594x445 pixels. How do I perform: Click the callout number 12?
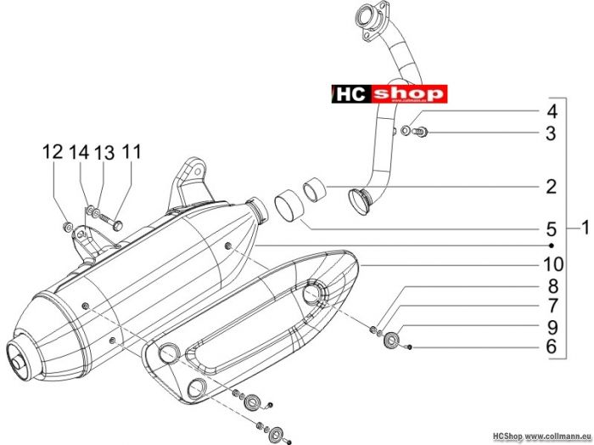point(53,152)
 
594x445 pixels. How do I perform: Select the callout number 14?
point(79,152)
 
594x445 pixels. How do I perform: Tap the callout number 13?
point(104,153)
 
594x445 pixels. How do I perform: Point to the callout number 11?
point(132,152)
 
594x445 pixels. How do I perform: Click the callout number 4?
point(552,112)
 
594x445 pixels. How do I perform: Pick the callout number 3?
point(552,133)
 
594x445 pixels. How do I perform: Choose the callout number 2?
point(552,187)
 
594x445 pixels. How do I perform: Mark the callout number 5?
point(552,229)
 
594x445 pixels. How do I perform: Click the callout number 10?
point(553,264)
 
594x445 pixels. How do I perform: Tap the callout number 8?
point(553,286)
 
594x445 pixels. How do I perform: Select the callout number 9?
point(553,327)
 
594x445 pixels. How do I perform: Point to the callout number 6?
point(552,346)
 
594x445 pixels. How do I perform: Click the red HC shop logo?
point(389,93)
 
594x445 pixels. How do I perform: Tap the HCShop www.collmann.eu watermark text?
point(542,437)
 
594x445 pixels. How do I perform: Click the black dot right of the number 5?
point(552,245)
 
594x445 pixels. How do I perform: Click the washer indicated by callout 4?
point(405,131)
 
